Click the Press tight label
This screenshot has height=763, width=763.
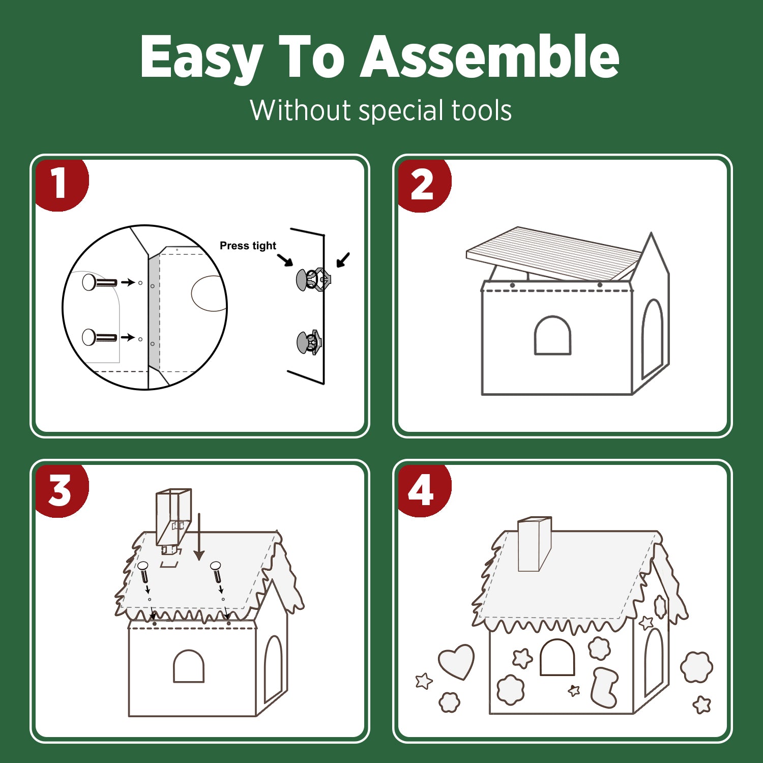(x=248, y=246)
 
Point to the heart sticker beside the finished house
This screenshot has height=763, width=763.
(x=456, y=661)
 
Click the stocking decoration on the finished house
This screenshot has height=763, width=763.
(x=604, y=687)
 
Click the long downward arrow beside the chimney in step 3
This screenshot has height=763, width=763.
(x=199, y=537)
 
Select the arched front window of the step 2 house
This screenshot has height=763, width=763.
(x=552, y=335)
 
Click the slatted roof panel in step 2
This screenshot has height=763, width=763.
(x=553, y=254)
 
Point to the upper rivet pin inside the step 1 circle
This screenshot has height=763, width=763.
(x=99, y=282)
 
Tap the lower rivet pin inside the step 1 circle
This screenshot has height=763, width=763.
(x=99, y=337)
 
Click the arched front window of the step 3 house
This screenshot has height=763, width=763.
(x=189, y=666)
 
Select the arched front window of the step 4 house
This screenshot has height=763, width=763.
(x=557, y=657)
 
